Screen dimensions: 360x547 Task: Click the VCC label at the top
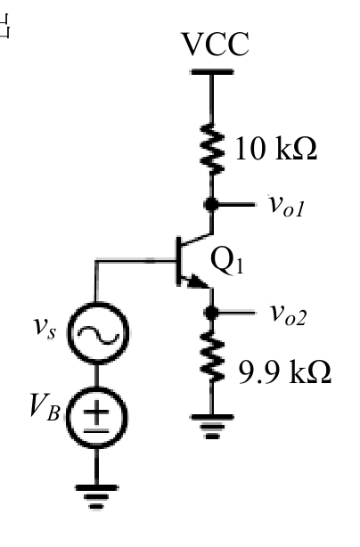[216, 44]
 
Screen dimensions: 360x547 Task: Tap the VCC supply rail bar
[212, 72]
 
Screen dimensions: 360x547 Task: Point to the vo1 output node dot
[211, 204]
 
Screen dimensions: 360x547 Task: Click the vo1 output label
[286, 206]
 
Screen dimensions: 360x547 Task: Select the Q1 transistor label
[226, 261]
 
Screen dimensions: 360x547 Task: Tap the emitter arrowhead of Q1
[197, 282]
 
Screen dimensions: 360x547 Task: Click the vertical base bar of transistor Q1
[179, 261]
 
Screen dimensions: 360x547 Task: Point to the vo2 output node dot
[211, 313]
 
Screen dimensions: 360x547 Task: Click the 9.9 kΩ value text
[284, 372]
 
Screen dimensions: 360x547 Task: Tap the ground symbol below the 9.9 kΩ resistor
[212, 427]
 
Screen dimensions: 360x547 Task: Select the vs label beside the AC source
[45, 329]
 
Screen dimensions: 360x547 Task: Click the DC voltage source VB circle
[96, 417]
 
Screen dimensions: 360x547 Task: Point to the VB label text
[45, 406]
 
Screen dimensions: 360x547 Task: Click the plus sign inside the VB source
[96, 412]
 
